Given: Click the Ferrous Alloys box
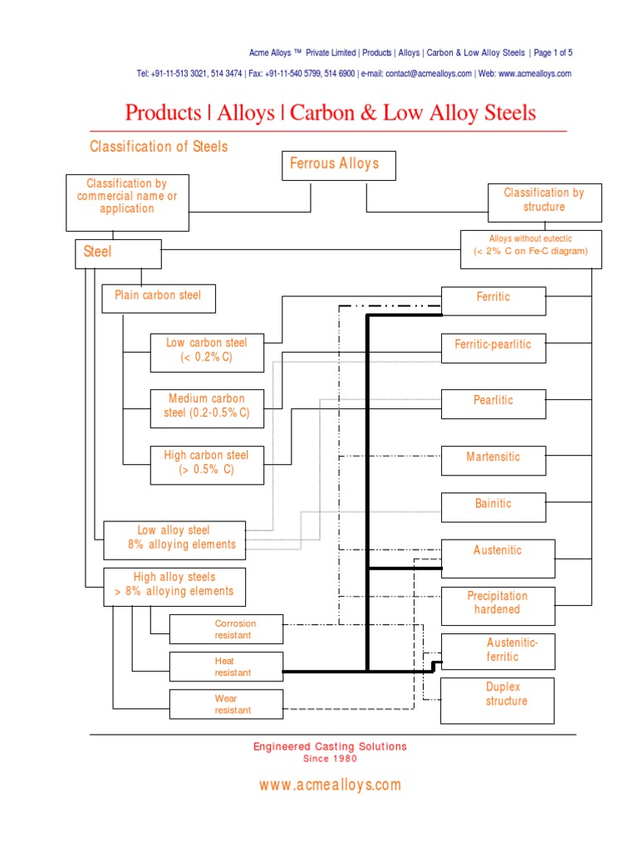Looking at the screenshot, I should tap(339, 165).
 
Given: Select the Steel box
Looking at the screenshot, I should tap(118, 253).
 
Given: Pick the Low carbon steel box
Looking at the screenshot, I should tap(207, 352).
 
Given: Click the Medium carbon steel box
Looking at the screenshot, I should tap(207, 408).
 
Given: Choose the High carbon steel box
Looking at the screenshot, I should tap(207, 464).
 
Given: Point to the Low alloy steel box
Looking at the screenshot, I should tap(174, 540).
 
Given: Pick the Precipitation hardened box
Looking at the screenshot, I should tap(497, 605).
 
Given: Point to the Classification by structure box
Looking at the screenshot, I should tap(544, 203).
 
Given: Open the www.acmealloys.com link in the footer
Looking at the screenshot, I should tap(330, 785).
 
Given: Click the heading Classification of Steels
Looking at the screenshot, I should tap(159, 147).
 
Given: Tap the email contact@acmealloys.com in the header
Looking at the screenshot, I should tap(429, 74).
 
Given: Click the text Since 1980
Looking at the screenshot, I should tap(330, 759).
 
